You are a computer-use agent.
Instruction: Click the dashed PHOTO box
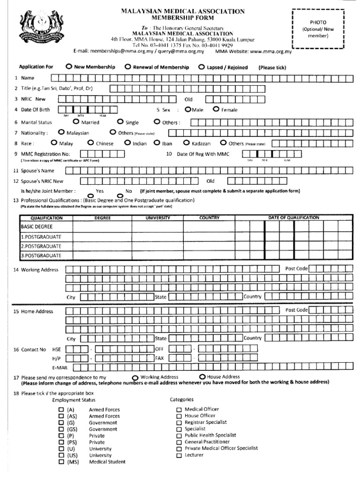pos(318,29)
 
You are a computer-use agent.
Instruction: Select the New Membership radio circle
pos(69,67)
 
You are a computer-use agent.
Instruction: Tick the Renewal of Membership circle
pos(127,67)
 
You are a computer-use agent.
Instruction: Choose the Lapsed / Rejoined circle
pos(202,67)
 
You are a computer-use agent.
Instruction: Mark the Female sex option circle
pos(216,110)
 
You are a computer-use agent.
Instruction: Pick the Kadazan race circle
pos(187,143)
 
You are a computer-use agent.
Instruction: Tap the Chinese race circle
pos(90,143)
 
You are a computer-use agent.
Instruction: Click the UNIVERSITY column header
pos(157,218)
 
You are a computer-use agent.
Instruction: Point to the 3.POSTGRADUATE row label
pos(41,255)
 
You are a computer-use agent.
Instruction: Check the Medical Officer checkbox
pos(179,409)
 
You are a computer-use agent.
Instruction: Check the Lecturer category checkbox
pos(179,455)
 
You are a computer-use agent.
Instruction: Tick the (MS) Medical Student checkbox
pos(61,462)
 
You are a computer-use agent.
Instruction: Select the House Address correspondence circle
pos(202,377)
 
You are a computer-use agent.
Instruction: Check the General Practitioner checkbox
pos(179,442)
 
